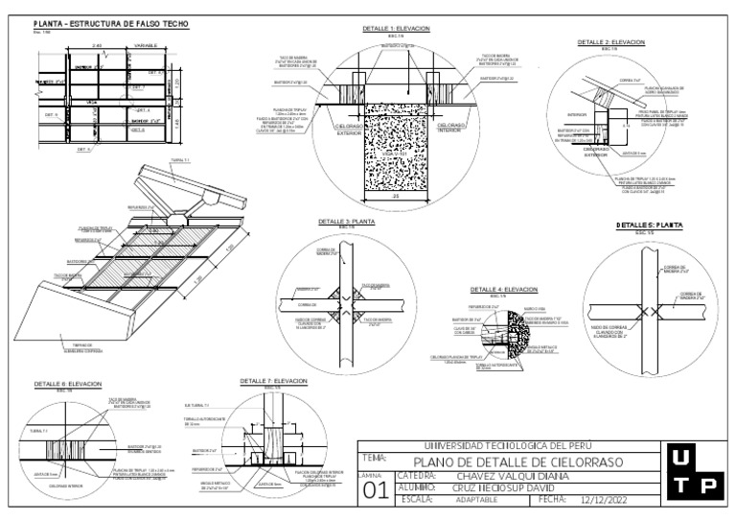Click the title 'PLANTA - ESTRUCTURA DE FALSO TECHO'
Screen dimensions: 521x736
[111, 23]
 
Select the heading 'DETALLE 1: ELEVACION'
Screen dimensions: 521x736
[396, 29]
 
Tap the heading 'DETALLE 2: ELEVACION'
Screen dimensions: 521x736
[611, 42]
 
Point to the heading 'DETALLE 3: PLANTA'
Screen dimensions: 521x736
[347, 221]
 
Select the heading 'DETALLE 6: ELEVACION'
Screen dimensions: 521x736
[68, 384]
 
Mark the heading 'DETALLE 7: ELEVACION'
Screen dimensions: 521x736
[273, 381]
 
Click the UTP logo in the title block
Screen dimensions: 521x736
[693, 471]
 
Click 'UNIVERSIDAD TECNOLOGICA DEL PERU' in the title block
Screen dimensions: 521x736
[508, 446]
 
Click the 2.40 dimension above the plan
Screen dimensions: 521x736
[97, 44]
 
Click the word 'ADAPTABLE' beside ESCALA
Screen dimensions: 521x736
[477, 500]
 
